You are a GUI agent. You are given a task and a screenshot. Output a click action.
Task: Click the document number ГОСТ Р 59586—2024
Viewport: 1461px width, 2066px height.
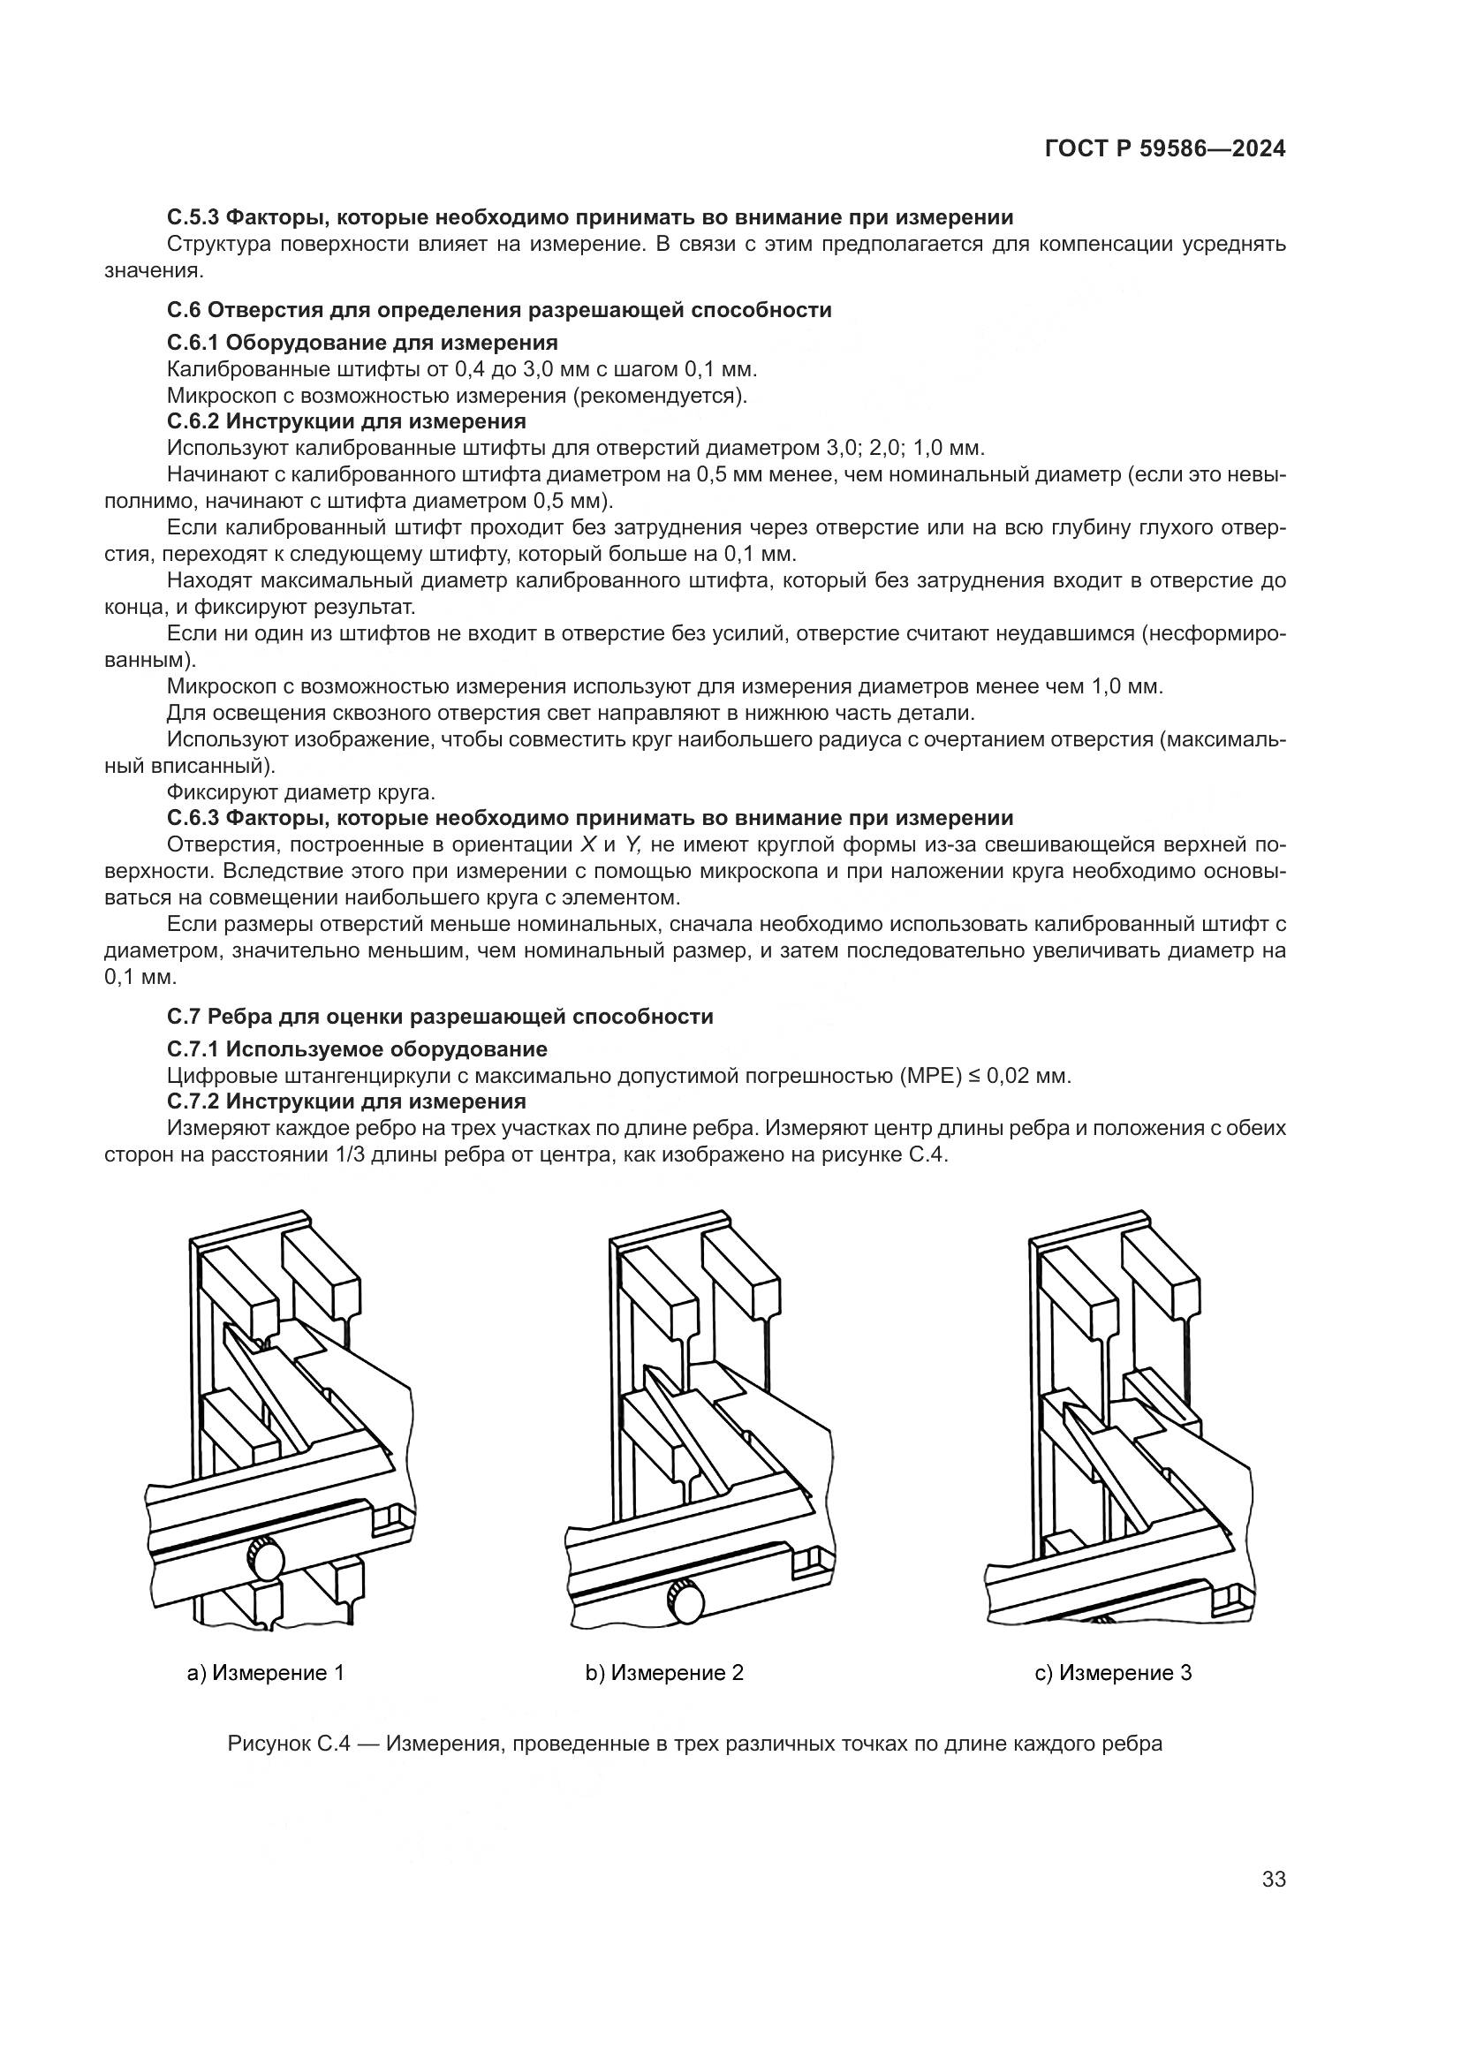tap(1164, 149)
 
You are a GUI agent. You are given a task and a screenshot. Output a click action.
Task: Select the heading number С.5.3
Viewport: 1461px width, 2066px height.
tap(193, 217)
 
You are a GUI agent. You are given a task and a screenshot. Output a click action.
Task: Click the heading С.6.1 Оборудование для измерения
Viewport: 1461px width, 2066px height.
tap(361, 342)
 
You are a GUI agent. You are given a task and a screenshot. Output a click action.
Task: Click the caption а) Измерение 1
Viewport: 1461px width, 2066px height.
tap(265, 1673)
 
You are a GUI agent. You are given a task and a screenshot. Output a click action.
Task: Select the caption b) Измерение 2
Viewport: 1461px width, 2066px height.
tap(665, 1673)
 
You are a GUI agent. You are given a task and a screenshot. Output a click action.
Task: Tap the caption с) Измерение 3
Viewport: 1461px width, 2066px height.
tap(1113, 1673)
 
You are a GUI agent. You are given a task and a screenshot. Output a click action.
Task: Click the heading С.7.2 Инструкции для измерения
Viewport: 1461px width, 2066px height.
tap(346, 1101)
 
